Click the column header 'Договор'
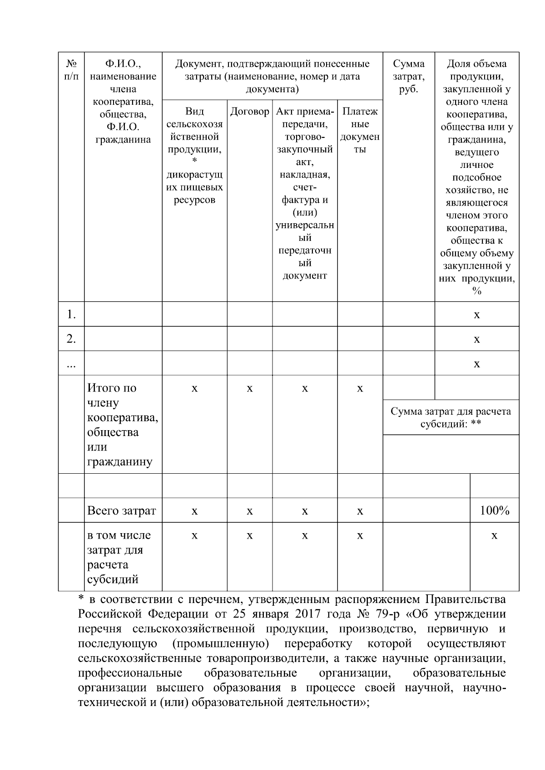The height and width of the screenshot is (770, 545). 249,112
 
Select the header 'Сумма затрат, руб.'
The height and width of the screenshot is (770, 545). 408,76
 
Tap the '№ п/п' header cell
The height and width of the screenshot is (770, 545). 71,70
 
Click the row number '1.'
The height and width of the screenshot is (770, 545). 71,314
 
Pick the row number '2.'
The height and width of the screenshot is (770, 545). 71,338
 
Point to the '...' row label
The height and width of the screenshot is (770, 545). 71,364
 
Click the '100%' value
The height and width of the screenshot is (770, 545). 495,510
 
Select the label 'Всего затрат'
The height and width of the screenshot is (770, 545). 122,510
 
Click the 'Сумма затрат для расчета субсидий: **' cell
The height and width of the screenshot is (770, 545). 451,417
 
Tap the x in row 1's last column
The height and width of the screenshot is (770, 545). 476,314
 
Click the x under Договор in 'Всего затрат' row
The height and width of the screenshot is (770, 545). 249,511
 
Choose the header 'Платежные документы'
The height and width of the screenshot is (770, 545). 360,130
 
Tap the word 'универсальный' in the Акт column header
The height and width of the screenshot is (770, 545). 305,225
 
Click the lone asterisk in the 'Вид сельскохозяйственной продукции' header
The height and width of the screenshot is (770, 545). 194,161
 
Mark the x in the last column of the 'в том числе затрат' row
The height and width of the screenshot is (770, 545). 495,536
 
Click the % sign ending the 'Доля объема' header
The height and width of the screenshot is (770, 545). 476,291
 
